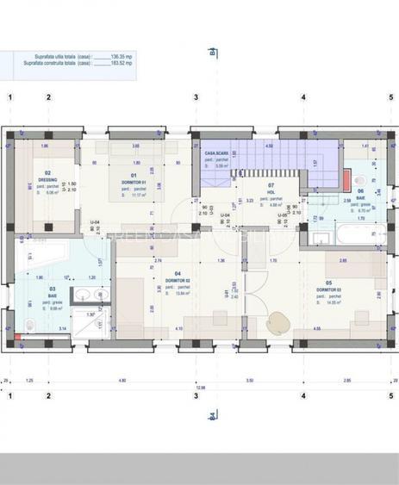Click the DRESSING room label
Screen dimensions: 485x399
(49, 178)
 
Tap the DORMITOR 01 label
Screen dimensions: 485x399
(134, 182)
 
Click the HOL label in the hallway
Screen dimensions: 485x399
(271, 191)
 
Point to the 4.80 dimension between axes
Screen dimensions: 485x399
(122, 380)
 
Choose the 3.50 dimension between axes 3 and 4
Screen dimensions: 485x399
(249, 380)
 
